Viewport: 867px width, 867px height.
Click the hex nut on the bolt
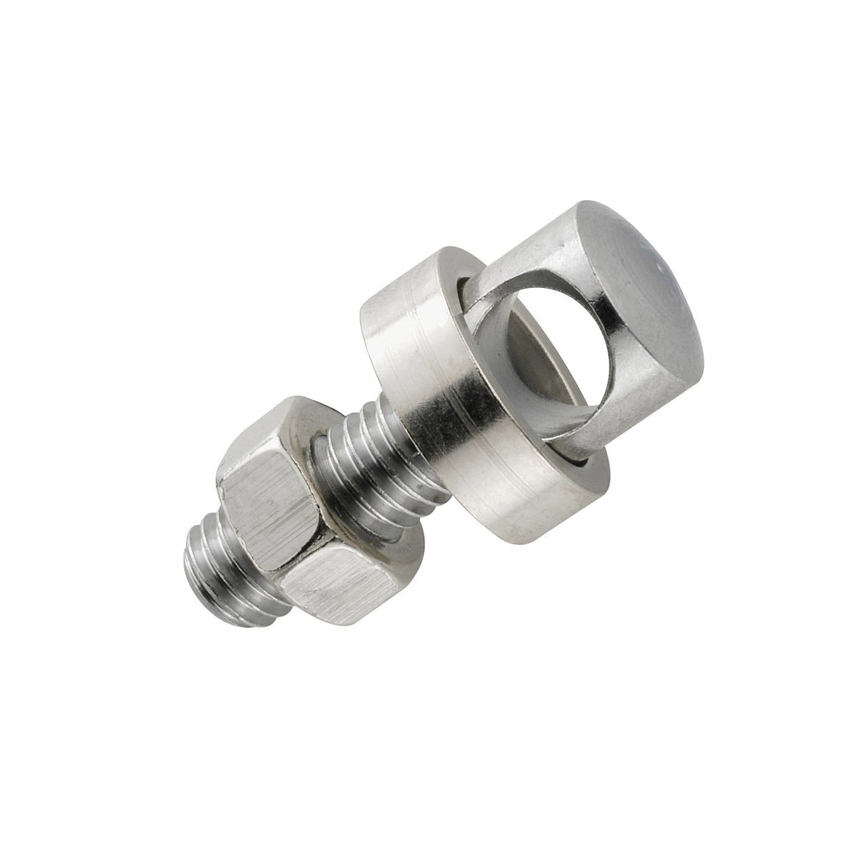click(x=300, y=528)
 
